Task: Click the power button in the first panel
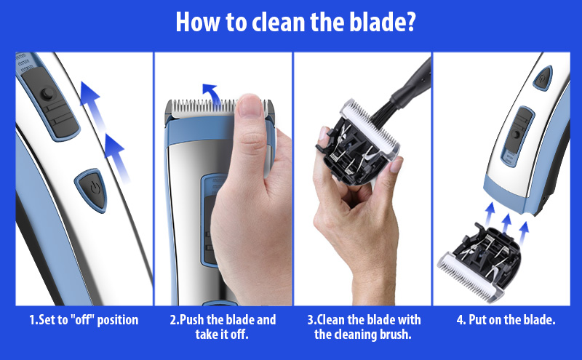[92, 190]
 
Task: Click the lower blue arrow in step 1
[118, 159]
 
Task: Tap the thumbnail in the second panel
[250, 106]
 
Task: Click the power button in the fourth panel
[543, 78]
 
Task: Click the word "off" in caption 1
[82, 320]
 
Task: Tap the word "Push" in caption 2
[192, 320]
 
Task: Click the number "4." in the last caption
[461, 320]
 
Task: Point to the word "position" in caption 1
[118, 320]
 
